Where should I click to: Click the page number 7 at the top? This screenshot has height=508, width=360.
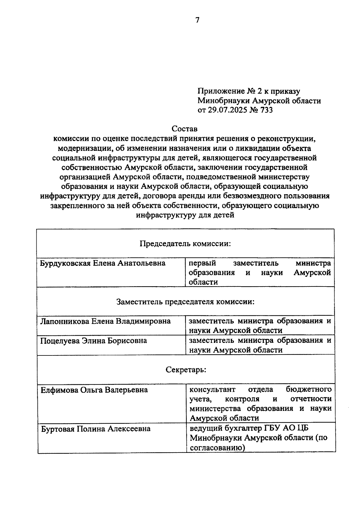pos(197,20)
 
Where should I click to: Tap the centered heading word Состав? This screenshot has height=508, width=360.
pos(184,129)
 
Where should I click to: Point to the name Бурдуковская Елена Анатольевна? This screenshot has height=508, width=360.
pos(103,263)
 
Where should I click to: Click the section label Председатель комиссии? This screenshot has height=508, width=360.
pos(185,243)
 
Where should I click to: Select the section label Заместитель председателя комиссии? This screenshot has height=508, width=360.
pos(185,302)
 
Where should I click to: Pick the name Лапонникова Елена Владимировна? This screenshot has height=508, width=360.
pos(105,321)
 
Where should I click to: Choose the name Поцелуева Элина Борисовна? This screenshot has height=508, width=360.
pos(94,341)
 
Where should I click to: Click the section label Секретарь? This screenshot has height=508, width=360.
pos(186,370)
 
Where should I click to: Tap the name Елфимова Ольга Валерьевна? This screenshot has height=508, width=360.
pos(94,390)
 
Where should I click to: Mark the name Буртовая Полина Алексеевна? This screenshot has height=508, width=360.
pos(96,429)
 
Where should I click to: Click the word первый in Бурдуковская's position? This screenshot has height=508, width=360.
pos(202,263)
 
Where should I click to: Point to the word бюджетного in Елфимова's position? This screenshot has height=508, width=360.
pos(309,390)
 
